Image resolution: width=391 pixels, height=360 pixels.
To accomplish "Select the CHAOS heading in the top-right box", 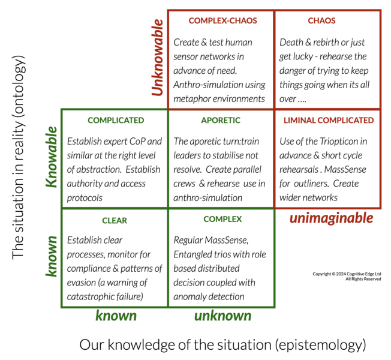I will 321,20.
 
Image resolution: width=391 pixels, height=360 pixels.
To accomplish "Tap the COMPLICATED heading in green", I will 116,120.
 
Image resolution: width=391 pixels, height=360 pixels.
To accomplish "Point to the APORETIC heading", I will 221,120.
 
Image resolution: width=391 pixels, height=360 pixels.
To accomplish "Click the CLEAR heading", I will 115,220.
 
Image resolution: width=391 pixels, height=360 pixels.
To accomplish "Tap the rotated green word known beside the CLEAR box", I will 53,256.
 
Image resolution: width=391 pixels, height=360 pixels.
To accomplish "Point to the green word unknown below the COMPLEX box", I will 222,316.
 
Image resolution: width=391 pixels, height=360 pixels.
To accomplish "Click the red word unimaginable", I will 331,218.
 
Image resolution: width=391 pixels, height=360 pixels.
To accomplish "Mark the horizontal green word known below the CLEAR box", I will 116,316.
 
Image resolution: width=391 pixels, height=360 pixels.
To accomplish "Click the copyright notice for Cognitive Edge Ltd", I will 347,276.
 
